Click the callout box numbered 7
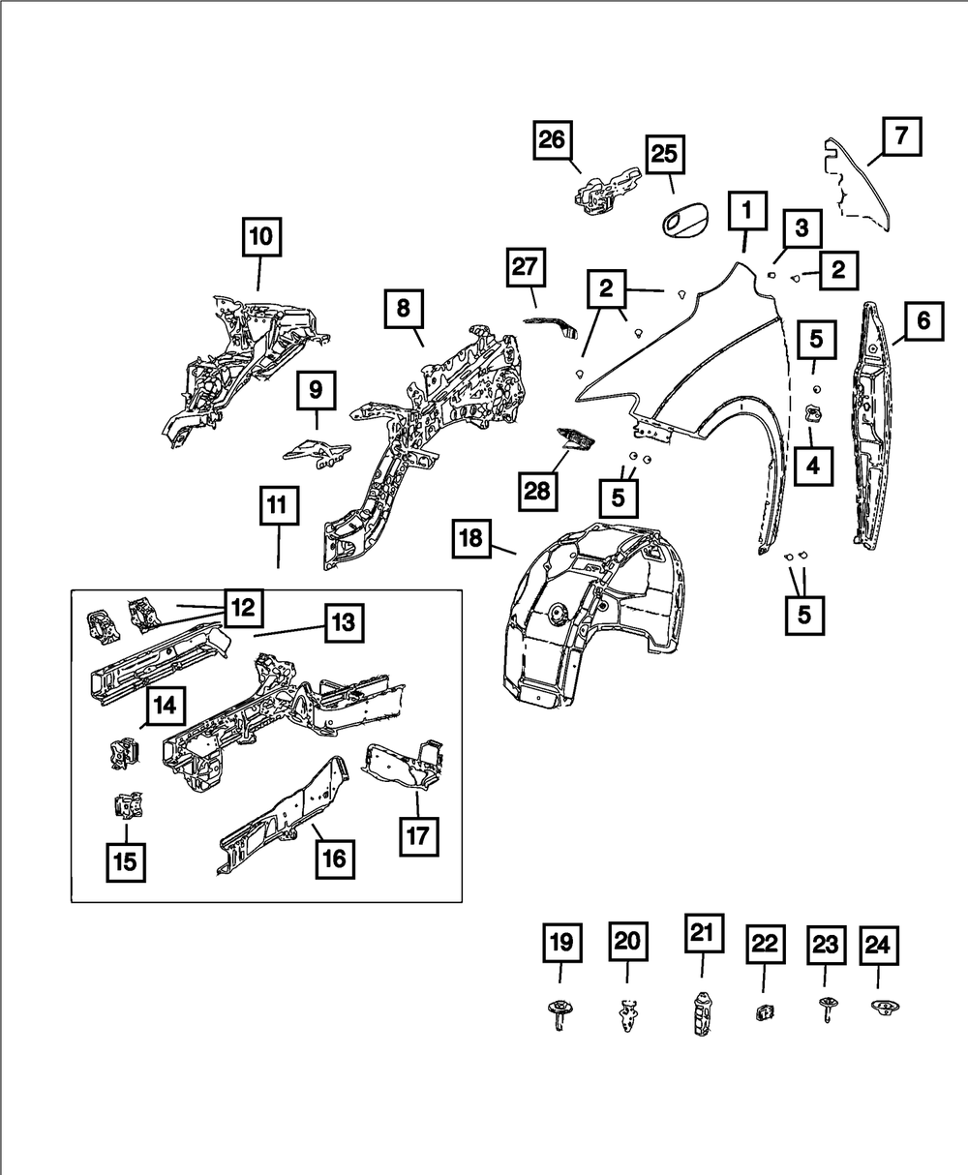[900, 136]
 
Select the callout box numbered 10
[261, 235]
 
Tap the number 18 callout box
[470, 538]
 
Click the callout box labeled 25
[664, 154]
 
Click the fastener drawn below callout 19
[558, 1014]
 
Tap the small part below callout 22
[763, 1012]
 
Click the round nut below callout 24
[882, 1009]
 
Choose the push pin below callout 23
[826, 1009]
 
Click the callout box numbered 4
[811, 465]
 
